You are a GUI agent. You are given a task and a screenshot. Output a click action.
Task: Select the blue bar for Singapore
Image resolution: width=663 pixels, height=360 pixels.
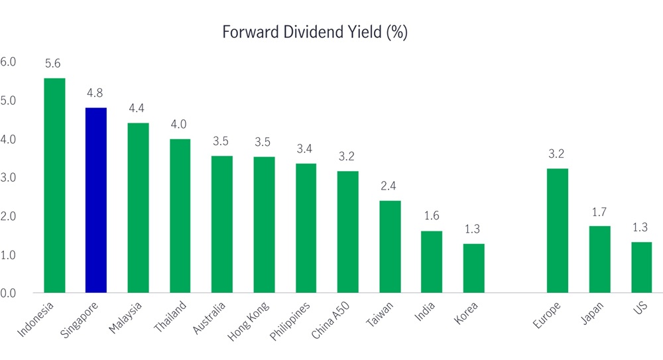point(96,200)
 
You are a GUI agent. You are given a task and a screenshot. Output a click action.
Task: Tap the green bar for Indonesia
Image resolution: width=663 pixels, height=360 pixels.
point(54,186)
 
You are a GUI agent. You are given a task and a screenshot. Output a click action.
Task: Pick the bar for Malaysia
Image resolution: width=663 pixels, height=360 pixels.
point(138,208)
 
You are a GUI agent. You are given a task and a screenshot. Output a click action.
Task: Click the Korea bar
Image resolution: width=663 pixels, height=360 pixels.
point(473,268)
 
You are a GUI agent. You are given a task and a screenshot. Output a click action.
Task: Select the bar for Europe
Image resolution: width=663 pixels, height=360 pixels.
point(557,230)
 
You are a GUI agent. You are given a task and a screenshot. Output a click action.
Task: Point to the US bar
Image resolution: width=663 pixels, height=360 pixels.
point(641,267)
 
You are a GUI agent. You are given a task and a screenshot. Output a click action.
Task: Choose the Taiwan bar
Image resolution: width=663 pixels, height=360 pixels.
point(390,246)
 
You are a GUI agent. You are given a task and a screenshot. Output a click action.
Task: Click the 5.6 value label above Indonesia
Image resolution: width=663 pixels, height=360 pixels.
point(54,64)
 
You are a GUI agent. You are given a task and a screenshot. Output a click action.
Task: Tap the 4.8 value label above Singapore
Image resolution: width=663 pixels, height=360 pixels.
point(95,93)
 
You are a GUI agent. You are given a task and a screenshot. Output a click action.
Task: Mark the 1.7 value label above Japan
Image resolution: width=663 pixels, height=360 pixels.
point(599,212)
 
